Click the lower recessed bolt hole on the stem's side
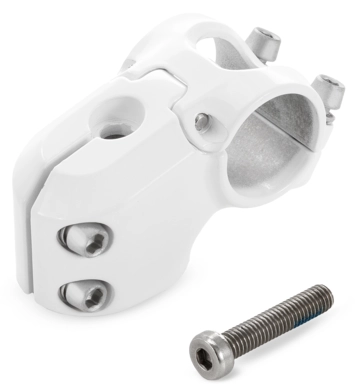[78, 293]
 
